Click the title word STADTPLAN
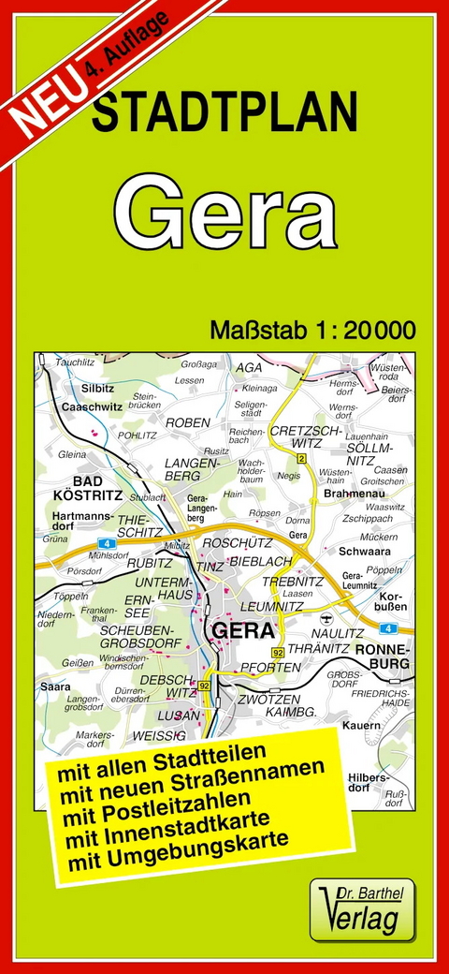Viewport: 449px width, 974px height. point(224,113)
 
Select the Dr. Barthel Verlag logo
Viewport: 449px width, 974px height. point(362,909)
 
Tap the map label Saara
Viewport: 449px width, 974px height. point(55,686)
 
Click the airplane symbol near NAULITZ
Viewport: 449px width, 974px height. point(325,619)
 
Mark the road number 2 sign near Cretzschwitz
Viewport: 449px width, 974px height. point(301,458)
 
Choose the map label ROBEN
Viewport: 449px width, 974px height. point(187,422)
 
